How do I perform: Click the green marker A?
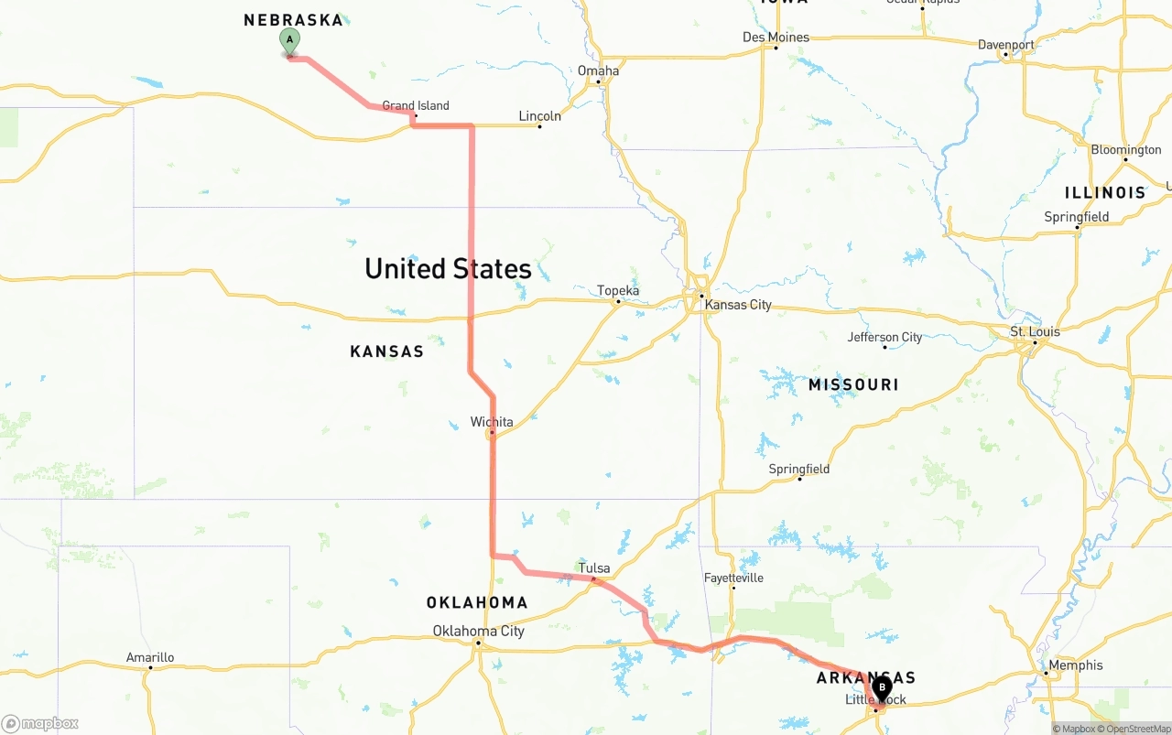(289, 41)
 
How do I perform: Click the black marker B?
(882, 687)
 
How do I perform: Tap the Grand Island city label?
(416, 105)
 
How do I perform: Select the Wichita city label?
(492, 422)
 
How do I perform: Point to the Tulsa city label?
(594, 567)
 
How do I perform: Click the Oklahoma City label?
(478, 631)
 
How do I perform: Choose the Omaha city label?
(598, 70)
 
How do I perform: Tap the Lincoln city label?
(539, 115)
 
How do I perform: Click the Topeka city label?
(618, 291)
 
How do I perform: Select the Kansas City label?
(738, 305)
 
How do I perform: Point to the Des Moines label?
(776, 38)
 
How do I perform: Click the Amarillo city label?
(150, 657)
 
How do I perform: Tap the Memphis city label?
(1077, 665)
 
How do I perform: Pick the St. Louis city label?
(1035, 330)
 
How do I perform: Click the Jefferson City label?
(884, 337)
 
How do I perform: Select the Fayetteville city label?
(733, 578)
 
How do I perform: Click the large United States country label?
(448, 268)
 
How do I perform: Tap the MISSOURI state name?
(852, 384)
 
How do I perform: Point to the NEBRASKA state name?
(293, 20)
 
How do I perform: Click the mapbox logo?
(40, 724)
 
